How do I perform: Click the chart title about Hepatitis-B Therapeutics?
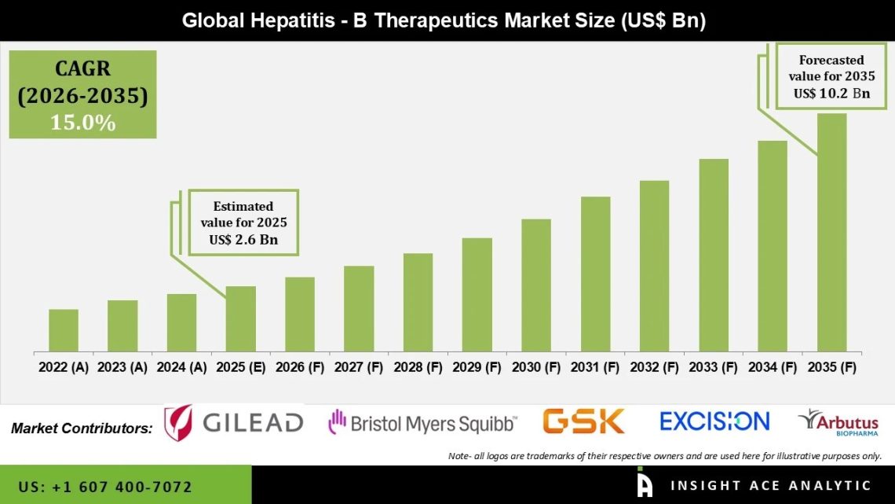pyautogui.click(x=444, y=20)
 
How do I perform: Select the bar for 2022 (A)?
pyautogui.click(x=64, y=330)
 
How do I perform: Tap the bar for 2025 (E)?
pyautogui.click(x=241, y=318)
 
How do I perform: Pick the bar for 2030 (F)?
pyautogui.click(x=536, y=285)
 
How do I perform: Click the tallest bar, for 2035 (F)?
pyautogui.click(x=831, y=232)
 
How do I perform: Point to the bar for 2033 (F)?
pyautogui.click(x=714, y=255)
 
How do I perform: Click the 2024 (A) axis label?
pyautogui.click(x=181, y=366)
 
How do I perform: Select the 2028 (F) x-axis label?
pyautogui.click(x=418, y=366)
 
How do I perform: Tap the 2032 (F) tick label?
pyautogui.click(x=654, y=366)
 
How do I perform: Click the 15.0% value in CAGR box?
pyautogui.click(x=82, y=123)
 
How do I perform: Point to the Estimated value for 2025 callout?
pyautogui.click(x=243, y=223)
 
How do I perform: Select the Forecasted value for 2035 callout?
pyautogui.click(x=831, y=76)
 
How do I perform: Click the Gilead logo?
pyautogui.click(x=233, y=422)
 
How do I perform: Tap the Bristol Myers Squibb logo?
pyautogui.click(x=422, y=423)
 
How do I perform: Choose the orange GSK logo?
pyautogui.click(x=583, y=421)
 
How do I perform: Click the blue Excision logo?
pyautogui.click(x=714, y=421)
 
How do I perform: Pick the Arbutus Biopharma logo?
pyautogui.click(x=838, y=422)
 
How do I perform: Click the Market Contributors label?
pyautogui.click(x=82, y=429)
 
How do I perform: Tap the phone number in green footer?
pyautogui.click(x=105, y=487)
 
